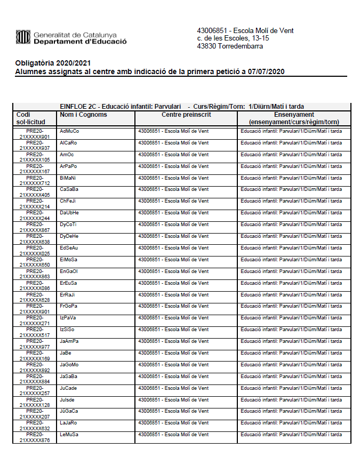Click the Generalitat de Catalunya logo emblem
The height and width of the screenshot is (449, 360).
click(23, 37)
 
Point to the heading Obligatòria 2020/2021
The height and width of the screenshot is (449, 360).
click(50, 63)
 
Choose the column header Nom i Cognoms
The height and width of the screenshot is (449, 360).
click(83, 115)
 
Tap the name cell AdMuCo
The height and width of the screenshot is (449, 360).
click(69, 131)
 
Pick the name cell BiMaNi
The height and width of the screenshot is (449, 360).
click(68, 178)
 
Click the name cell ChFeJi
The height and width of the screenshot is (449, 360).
click(68, 201)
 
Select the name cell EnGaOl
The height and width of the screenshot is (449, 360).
click(69, 271)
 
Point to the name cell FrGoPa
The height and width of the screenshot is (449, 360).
click(69, 306)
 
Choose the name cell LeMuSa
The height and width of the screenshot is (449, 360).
click(69, 435)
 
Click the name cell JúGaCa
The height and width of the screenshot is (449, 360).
click(69, 411)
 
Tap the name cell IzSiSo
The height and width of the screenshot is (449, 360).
click(67, 330)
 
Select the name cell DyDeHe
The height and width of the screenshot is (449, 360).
click(69, 236)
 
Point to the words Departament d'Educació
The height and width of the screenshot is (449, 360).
click(79, 42)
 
